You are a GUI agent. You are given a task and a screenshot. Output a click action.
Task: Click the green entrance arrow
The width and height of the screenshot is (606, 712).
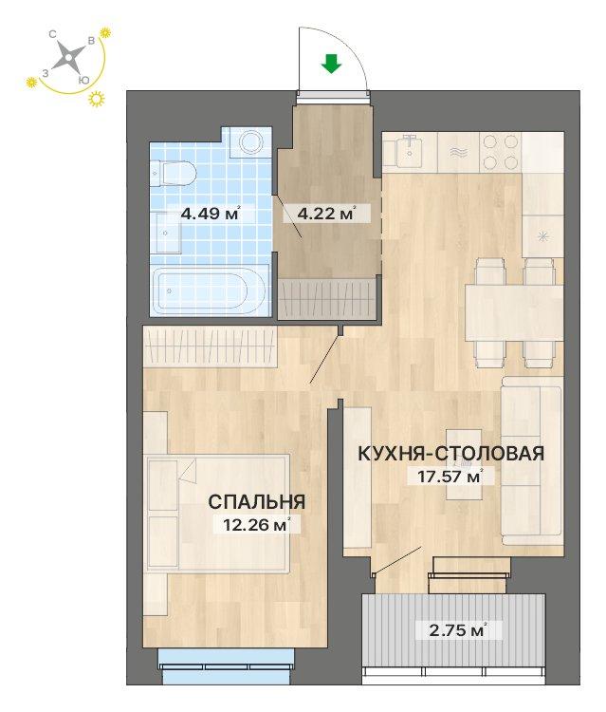[x=331, y=65]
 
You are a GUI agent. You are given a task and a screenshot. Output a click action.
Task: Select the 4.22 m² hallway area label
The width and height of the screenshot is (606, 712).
[x=326, y=214]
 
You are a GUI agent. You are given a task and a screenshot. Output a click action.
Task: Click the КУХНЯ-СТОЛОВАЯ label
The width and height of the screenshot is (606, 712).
[x=450, y=454]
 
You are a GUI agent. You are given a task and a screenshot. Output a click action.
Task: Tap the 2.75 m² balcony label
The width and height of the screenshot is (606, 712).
[x=452, y=628]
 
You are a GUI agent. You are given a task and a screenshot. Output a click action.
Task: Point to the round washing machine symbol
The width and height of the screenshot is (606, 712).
[x=251, y=143]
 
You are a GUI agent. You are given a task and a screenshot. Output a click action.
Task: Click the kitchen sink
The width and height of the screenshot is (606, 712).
[x=409, y=149]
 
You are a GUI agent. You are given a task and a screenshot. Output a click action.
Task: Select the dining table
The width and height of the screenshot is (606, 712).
[x=513, y=312]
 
